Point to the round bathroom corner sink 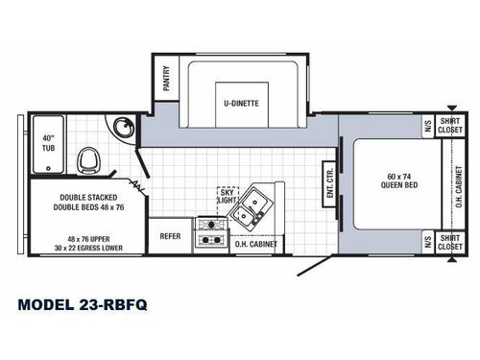121,129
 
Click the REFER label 170,235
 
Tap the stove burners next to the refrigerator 209,234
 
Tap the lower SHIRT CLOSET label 449,242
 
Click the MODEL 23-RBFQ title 83,305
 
